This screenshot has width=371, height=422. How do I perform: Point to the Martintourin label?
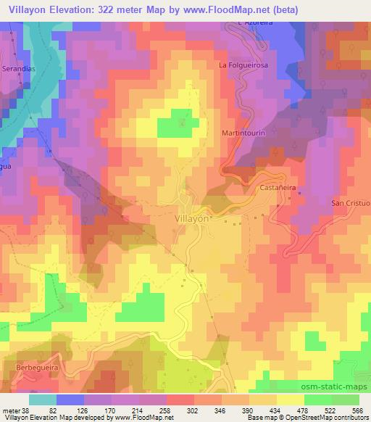click(245, 134)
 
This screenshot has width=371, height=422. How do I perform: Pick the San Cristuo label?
click(351, 203)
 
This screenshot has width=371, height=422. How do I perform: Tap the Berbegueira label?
click(35, 368)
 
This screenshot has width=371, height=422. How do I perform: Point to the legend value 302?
click(172, 410)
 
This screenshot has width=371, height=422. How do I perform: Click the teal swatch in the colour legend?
click(43, 400)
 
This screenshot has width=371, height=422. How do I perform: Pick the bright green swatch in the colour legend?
click(319, 400)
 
